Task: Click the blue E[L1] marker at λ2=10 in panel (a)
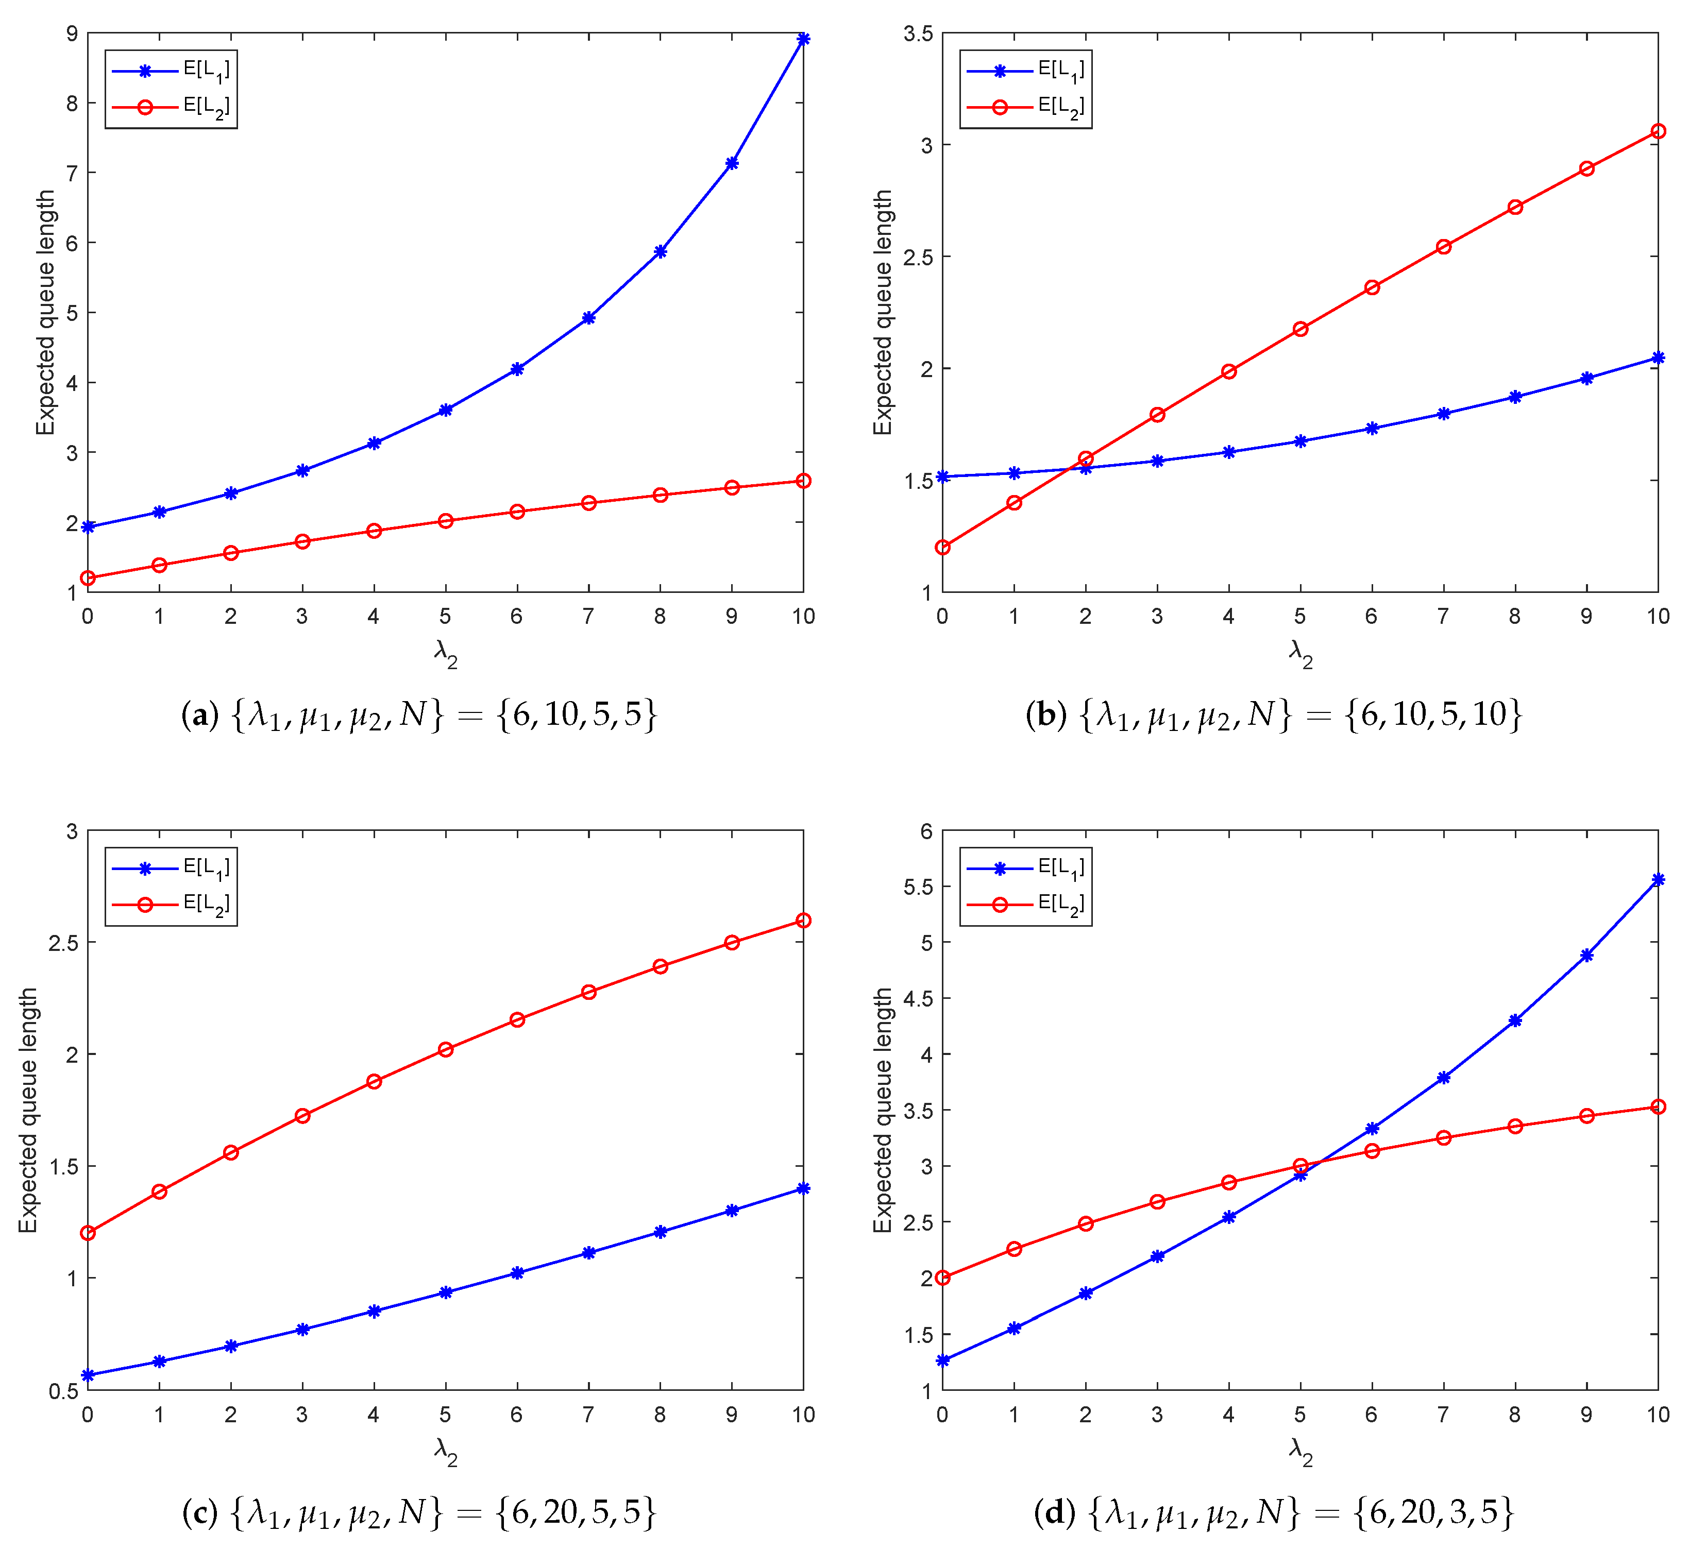pos(802,39)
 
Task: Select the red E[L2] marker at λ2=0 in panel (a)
pos(87,577)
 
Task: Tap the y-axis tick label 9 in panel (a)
pos(72,33)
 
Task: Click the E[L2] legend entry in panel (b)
pos(1060,107)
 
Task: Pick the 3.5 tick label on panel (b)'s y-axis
pos(917,33)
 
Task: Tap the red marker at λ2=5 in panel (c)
pos(445,1049)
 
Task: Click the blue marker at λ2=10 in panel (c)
pos(802,1188)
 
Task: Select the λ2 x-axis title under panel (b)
pos(1300,654)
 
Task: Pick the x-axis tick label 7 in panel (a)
pos(588,616)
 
